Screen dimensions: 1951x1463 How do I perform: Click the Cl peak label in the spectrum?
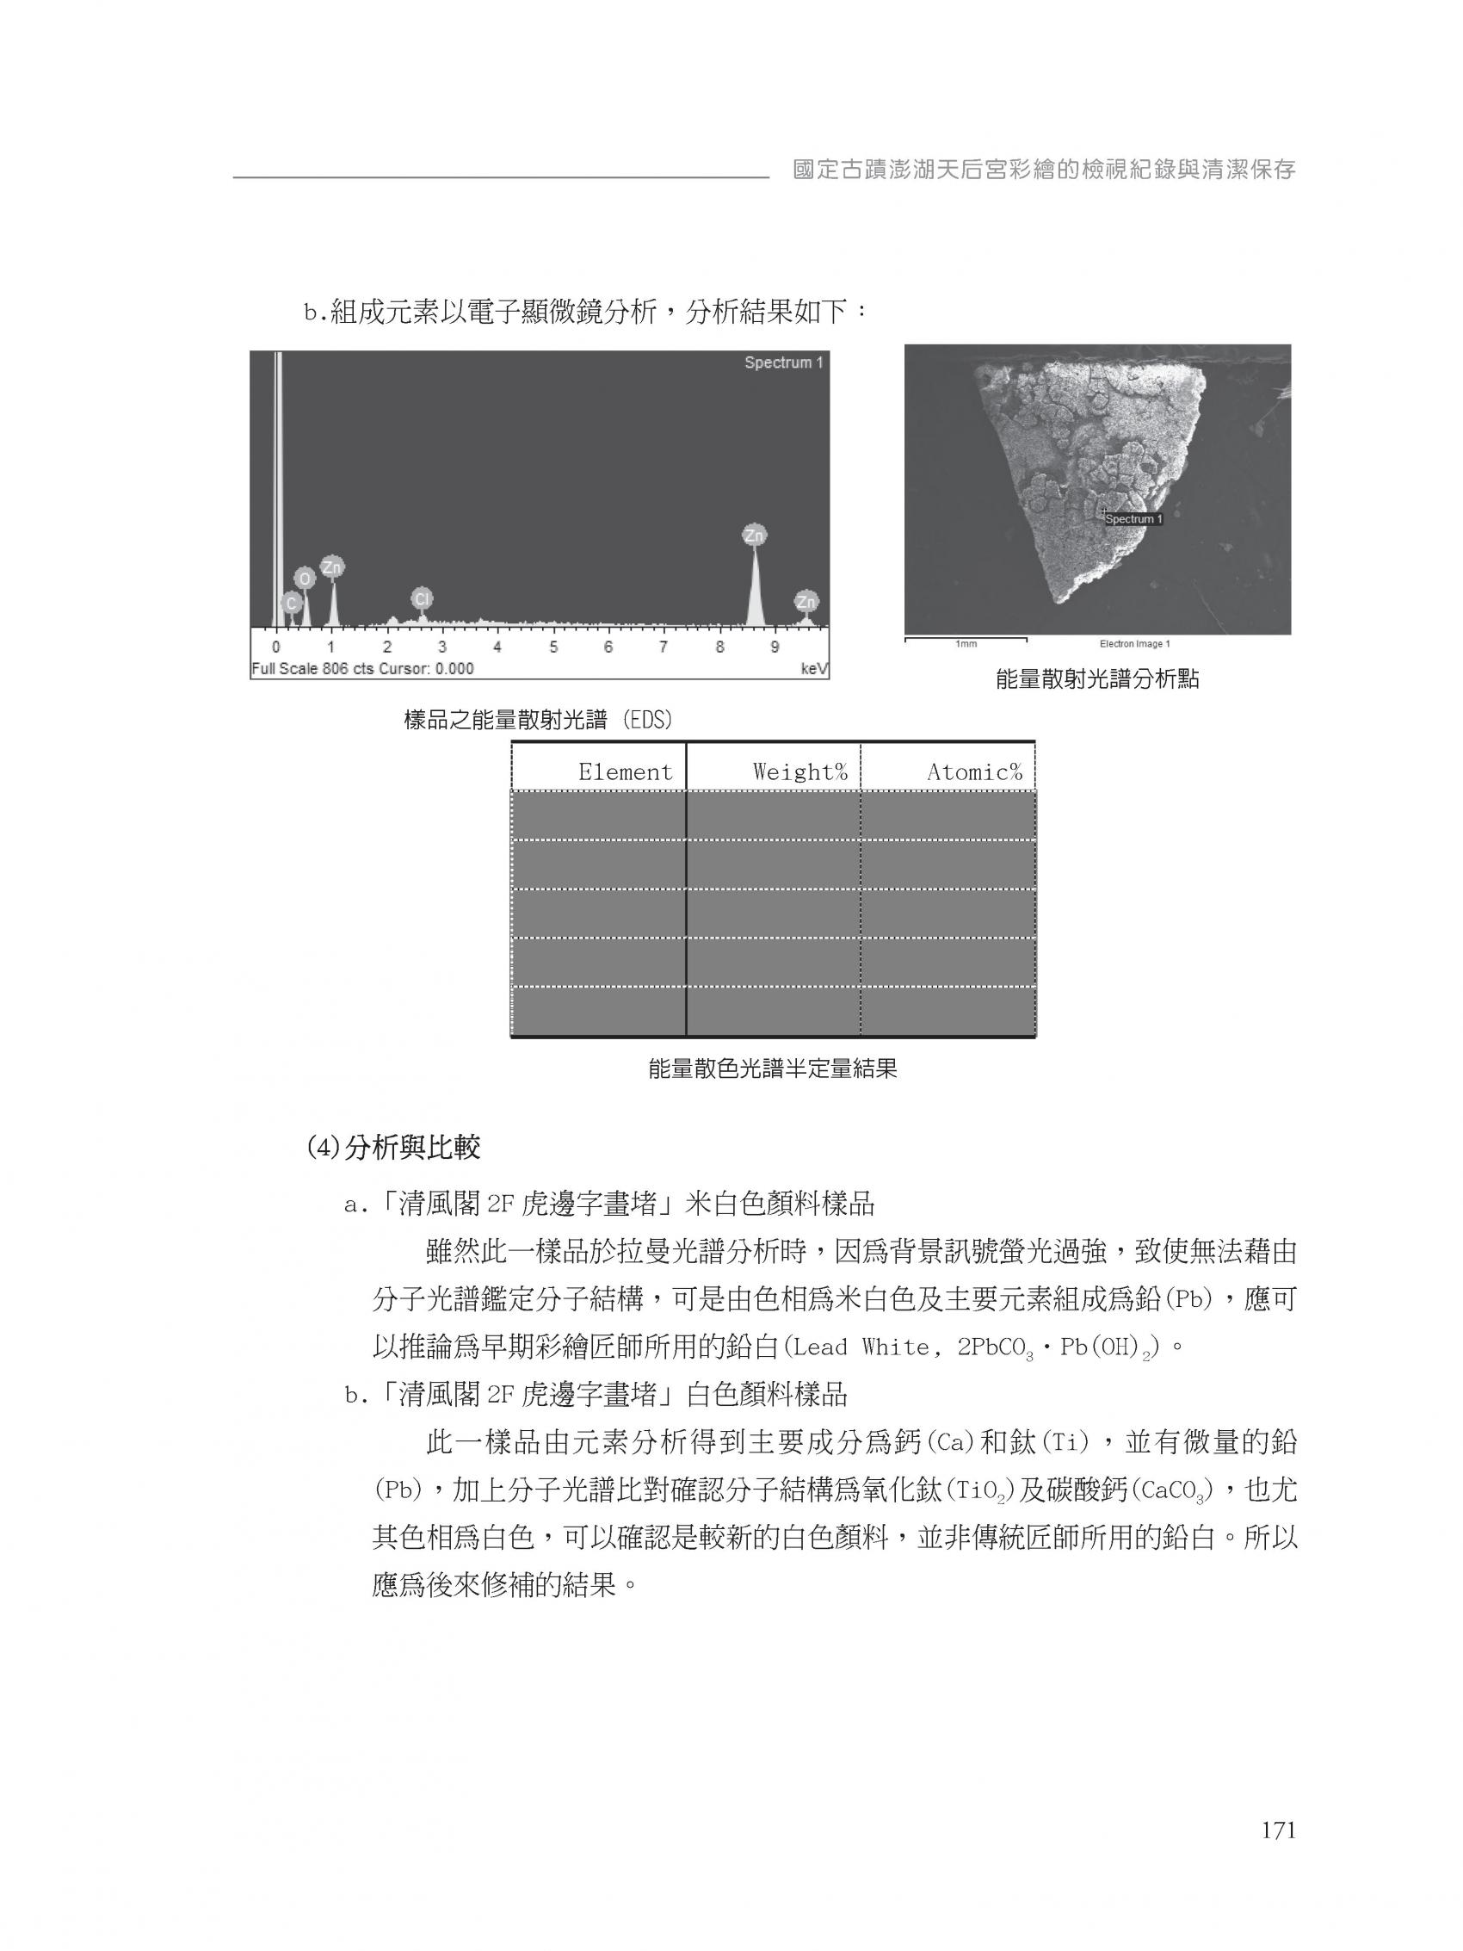point(422,599)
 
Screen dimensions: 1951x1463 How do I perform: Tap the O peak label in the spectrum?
point(305,578)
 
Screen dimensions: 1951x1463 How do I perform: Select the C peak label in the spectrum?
point(291,603)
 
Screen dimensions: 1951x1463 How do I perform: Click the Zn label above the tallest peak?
point(754,535)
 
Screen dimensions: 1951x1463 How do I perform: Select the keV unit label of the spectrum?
point(813,669)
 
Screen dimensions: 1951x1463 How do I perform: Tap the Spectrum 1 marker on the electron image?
point(1133,518)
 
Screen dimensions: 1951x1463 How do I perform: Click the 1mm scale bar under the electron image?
point(966,640)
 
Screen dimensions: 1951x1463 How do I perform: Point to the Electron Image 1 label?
point(1134,644)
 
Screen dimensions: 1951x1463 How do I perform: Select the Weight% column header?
point(799,771)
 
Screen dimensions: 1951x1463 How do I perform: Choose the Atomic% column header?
point(973,771)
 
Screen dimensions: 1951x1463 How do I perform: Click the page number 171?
point(1278,1830)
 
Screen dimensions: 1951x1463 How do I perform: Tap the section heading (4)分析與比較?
point(393,1149)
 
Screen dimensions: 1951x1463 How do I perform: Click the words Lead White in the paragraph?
point(851,1347)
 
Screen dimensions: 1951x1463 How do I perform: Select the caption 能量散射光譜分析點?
point(1097,679)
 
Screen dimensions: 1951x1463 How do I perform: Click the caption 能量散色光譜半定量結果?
point(773,1070)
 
